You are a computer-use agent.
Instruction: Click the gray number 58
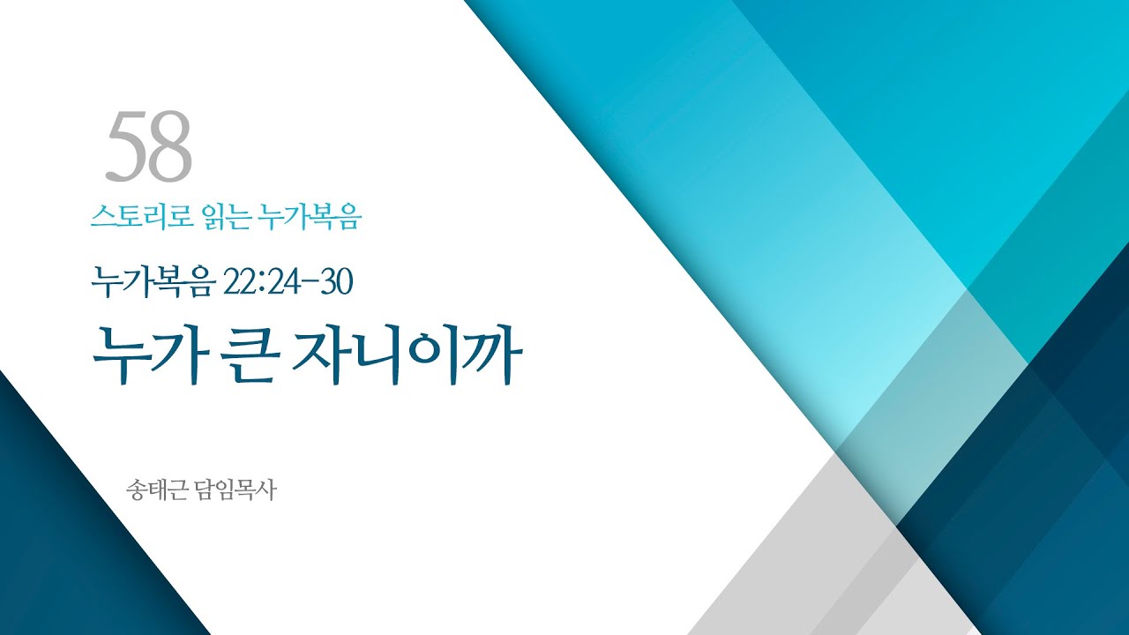[x=148, y=147]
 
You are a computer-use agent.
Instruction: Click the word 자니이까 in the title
[x=414, y=355]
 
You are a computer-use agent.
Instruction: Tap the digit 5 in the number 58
[x=126, y=147]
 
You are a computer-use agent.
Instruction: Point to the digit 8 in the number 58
[x=170, y=147]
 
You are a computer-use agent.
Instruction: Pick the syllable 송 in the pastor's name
[x=137, y=489]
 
